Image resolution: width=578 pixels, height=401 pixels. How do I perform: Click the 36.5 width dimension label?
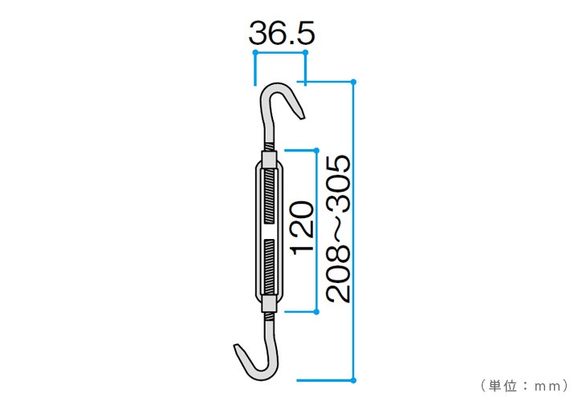pyautogui.click(x=282, y=33)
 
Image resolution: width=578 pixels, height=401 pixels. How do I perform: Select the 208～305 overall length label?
pyautogui.click(x=339, y=229)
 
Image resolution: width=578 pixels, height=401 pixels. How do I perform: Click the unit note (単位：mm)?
pyautogui.click(x=525, y=387)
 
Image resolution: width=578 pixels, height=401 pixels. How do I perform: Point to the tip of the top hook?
pyautogui.click(x=303, y=117)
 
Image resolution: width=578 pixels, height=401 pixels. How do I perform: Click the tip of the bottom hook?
pyautogui.click(x=237, y=346)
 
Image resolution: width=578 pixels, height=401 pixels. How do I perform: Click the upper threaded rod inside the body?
pyautogui.click(x=270, y=196)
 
